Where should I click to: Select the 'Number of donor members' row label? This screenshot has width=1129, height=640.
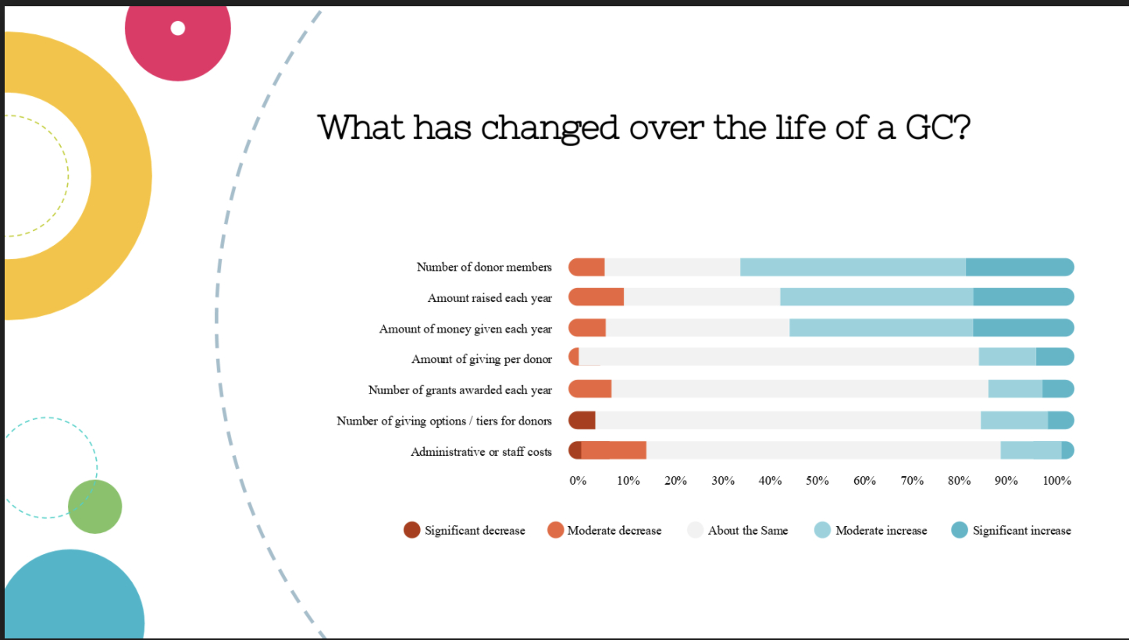click(x=483, y=268)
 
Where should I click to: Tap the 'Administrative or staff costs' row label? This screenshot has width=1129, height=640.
click(x=481, y=452)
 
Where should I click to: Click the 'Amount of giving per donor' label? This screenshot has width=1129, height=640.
click(x=481, y=360)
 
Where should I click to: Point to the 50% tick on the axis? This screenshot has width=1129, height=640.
click(x=817, y=481)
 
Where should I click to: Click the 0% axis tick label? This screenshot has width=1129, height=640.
click(x=578, y=481)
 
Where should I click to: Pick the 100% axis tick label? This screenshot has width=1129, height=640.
click(x=1056, y=481)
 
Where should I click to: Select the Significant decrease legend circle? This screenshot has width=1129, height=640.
click(x=412, y=531)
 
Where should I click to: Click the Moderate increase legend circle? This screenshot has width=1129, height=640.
click(x=823, y=531)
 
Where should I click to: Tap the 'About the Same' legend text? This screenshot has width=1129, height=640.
click(x=747, y=531)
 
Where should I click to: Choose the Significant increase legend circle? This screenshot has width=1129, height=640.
click(x=960, y=531)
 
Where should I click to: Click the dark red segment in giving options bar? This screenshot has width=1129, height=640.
click(x=582, y=421)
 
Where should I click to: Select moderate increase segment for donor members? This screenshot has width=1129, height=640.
click(x=853, y=267)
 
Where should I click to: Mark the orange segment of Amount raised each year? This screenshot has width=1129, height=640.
click(x=597, y=297)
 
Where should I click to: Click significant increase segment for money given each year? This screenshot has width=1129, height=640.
click(x=1023, y=328)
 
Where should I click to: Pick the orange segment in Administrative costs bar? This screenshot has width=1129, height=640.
click(x=614, y=450)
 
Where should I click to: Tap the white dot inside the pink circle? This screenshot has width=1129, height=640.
click(x=178, y=28)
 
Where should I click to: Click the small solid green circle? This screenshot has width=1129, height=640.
click(x=95, y=507)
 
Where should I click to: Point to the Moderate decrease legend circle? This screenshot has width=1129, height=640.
click(x=555, y=531)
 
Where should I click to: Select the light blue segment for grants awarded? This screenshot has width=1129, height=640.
click(x=1015, y=389)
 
